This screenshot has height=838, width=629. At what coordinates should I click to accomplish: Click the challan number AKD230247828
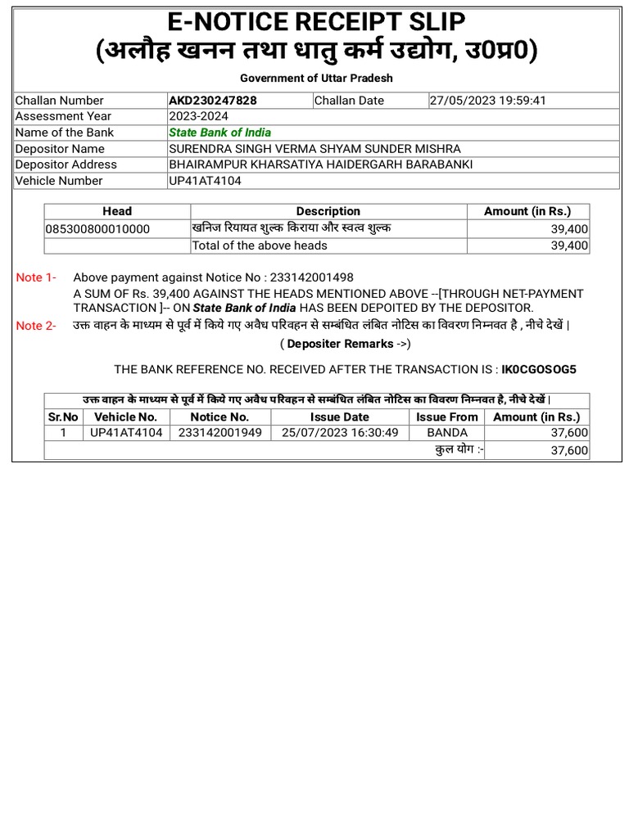click(x=211, y=101)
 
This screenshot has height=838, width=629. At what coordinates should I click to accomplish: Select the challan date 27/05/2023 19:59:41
click(x=487, y=101)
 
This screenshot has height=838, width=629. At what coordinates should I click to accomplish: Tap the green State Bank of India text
click(x=219, y=133)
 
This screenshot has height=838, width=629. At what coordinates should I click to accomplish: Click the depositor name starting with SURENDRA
click(x=314, y=148)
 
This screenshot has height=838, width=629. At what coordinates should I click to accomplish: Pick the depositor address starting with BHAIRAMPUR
click(x=320, y=164)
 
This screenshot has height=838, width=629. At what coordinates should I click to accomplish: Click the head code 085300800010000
click(x=98, y=229)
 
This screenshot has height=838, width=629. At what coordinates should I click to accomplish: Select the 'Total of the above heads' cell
click(x=260, y=246)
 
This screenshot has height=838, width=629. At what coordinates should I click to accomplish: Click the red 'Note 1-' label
click(x=36, y=277)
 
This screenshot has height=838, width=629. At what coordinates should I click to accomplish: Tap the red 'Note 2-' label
click(x=36, y=326)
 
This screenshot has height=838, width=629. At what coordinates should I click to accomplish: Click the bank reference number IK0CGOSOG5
click(x=538, y=369)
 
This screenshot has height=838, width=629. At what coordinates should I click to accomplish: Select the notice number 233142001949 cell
click(x=219, y=432)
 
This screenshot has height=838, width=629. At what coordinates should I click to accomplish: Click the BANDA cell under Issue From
click(x=446, y=432)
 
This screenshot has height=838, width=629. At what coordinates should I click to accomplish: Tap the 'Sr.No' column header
click(x=63, y=417)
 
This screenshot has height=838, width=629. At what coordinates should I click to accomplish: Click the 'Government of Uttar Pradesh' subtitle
click(x=316, y=78)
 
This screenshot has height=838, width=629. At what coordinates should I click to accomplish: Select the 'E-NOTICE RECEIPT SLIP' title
click(x=316, y=20)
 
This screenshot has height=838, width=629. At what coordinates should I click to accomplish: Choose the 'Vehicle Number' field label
click(x=59, y=181)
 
